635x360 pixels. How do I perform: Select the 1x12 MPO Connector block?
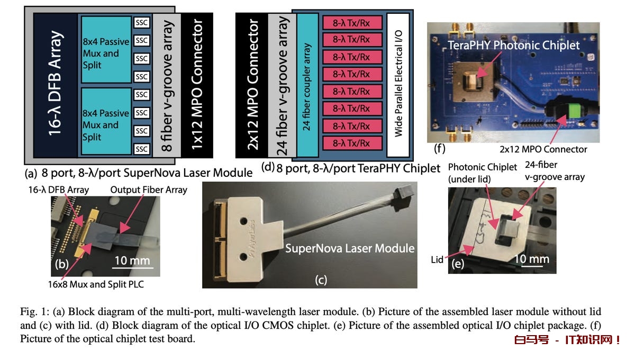point(197,85)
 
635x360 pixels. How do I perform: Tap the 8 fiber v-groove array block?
point(168,85)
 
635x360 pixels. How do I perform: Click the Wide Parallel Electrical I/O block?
point(397,85)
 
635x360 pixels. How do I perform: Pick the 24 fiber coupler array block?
point(307,85)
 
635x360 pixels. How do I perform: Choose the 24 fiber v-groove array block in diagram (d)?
point(282,85)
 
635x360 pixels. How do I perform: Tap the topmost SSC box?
point(141,23)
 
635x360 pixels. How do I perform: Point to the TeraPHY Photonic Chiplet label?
point(514,46)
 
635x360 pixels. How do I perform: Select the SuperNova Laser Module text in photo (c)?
point(350,248)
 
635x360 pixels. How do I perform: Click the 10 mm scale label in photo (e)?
point(531,259)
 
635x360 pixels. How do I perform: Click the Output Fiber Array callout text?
point(148,190)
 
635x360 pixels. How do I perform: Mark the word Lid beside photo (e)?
point(437,260)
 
